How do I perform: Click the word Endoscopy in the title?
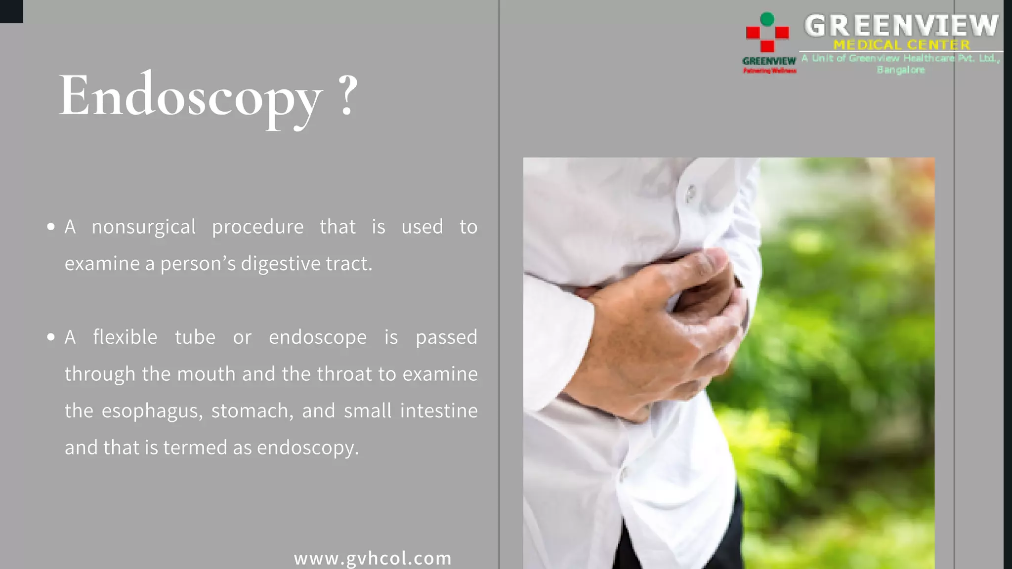(x=190, y=96)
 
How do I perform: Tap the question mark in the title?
(x=348, y=95)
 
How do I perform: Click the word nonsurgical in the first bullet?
(x=144, y=227)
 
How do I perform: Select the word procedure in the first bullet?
(x=257, y=227)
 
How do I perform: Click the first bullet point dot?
(x=51, y=227)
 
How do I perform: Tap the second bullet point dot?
(x=51, y=337)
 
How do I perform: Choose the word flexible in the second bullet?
(x=125, y=337)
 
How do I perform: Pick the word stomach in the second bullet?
(x=252, y=411)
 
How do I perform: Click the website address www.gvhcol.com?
(x=373, y=558)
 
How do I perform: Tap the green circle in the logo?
(x=767, y=19)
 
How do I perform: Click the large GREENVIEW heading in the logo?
(x=901, y=26)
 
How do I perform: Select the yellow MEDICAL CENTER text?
(x=901, y=45)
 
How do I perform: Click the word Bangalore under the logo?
(x=901, y=70)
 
